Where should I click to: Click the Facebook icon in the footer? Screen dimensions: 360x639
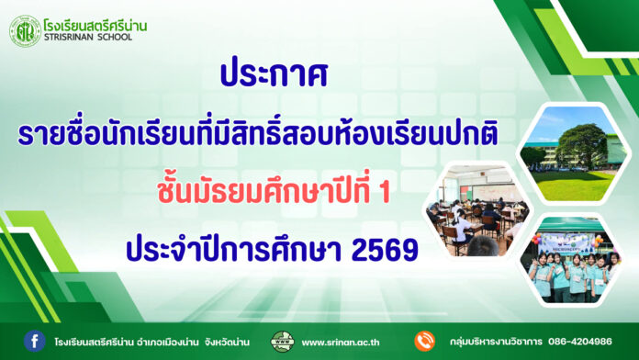tap(34, 341)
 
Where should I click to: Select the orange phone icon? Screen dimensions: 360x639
tap(423, 342)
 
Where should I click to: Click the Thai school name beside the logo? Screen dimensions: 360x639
tap(95, 23)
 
